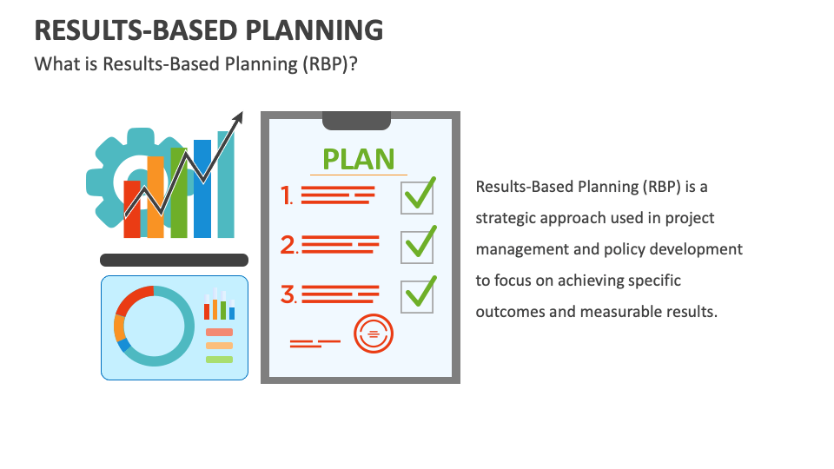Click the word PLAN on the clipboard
point(359,159)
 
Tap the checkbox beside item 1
point(418,196)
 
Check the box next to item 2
point(418,246)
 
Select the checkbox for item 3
point(418,295)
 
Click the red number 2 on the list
point(288,246)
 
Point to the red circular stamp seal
point(374,333)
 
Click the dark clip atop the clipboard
point(356,120)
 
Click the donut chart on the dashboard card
point(154,327)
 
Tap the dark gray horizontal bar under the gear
point(174,260)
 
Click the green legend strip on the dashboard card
point(219,359)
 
